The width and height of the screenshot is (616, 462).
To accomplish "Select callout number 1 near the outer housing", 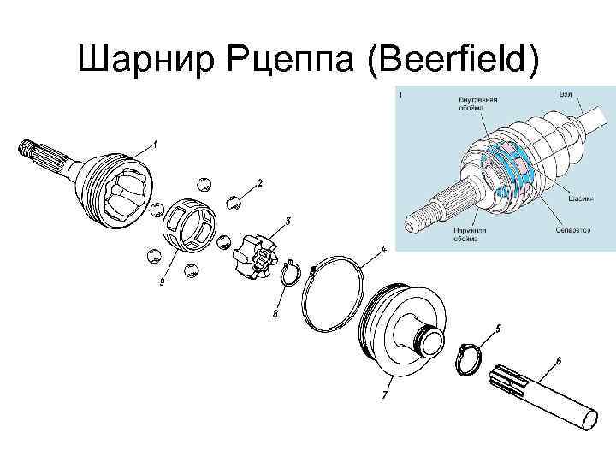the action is [155, 145].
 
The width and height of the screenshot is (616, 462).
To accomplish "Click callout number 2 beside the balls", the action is [260, 183].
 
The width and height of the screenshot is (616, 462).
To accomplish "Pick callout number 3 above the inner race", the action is [288, 221].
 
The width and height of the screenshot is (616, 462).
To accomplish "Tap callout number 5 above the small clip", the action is [498, 328].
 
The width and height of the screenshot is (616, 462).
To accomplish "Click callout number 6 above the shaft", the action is [559, 361].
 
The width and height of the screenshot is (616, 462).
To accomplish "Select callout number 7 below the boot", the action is [385, 395].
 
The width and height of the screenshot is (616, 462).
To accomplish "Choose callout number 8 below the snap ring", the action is [275, 314].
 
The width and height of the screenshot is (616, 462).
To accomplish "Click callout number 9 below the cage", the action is [162, 283].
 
